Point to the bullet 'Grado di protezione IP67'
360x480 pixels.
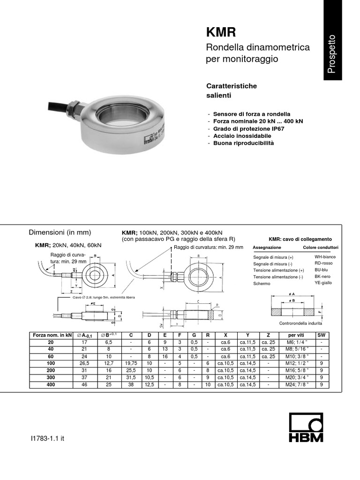(x=247, y=128)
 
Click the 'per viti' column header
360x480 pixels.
(x=298, y=336)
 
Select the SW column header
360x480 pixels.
(x=322, y=336)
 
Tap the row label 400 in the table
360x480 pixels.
(x=51, y=384)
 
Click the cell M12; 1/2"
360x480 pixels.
(x=298, y=363)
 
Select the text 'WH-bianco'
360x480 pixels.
(x=325, y=257)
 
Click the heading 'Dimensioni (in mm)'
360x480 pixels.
(x=60, y=232)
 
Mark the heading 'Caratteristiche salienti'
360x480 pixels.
(x=232, y=90)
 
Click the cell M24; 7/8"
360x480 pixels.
(x=298, y=384)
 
